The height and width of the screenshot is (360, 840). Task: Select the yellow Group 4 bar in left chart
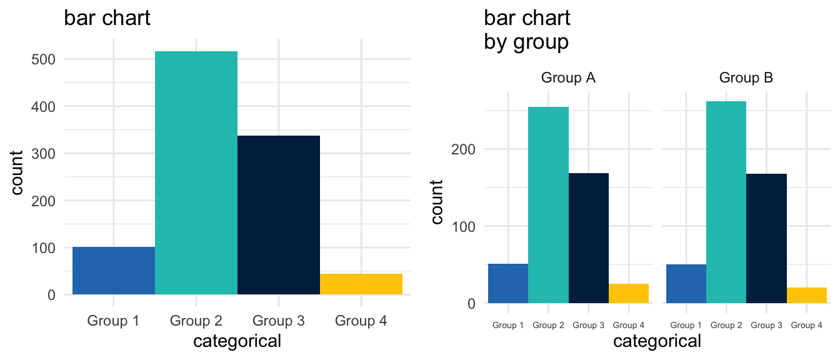(361, 284)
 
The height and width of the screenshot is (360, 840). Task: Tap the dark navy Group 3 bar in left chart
(279, 215)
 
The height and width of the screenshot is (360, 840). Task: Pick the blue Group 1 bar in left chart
(114, 271)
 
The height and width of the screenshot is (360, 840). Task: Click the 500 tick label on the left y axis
(42, 59)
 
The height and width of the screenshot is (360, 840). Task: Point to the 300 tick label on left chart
(42, 154)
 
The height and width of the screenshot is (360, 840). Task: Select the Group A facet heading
(568, 78)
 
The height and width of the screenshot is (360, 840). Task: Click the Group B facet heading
(746, 78)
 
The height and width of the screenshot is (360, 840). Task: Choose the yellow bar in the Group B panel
(806, 295)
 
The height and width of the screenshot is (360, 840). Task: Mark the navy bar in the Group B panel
(766, 238)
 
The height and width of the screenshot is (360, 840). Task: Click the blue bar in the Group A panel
(508, 283)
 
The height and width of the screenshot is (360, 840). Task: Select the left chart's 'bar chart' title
(107, 18)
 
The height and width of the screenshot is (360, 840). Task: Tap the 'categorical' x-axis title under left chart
(237, 341)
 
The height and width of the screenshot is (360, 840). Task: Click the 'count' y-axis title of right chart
(437, 202)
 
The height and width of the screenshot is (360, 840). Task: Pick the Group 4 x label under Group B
(807, 325)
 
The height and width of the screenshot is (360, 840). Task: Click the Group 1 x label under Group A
(508, 325)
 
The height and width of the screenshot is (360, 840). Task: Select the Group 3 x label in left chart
(279, 321)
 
